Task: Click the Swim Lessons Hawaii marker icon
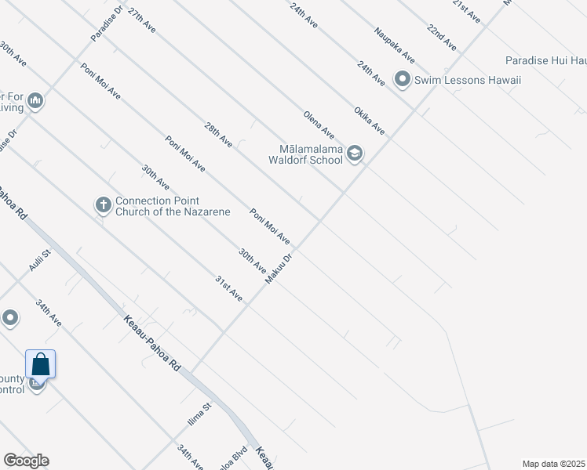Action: click(x=403, y=79)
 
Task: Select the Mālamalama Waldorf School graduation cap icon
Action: click(x=355, y=154)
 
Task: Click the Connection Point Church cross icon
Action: click(x=103, y=205)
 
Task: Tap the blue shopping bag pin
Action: click(x=40, y=365)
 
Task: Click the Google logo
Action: click(x=26, y=461)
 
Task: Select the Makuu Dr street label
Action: click(x=279, y=268)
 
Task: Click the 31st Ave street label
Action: click(x=229, y=289)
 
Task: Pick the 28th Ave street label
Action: click(x=218, y=135)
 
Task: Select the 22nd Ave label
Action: click(x=442, y=37)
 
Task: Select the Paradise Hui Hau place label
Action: click(x=545, y=60)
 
